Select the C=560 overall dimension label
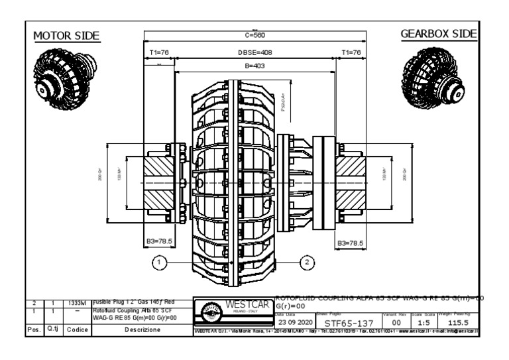point(254,35)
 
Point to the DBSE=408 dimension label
point(254,51)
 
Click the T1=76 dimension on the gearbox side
point(351,51)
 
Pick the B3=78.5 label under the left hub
point(160,243)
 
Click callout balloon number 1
point(159,263)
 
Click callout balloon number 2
point(308,263)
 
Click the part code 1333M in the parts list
point(78,302)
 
